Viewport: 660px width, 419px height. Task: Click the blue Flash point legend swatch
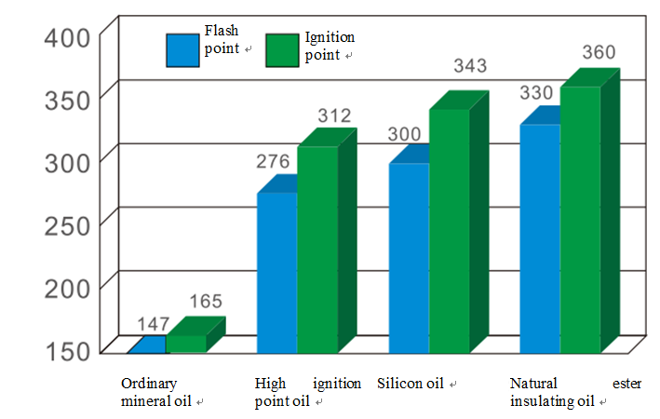pos(182,50)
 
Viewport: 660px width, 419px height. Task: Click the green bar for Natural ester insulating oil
pos(580,220)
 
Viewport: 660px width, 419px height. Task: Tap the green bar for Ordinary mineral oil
pos(186,343)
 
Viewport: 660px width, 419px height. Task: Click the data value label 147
pos(153,324)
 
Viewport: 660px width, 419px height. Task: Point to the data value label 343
pos(469,67)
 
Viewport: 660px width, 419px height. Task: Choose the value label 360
pos(599,51)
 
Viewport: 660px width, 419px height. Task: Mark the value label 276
pos(274,162)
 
